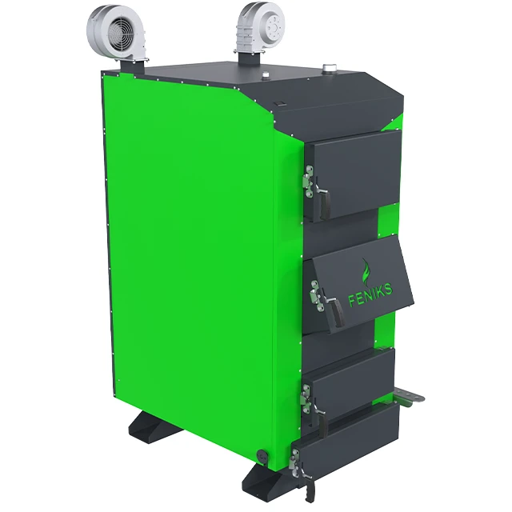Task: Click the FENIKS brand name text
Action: pyautogui.click(x=370, y=295)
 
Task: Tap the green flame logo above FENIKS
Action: pyautogui.click(x=366, y=271)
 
